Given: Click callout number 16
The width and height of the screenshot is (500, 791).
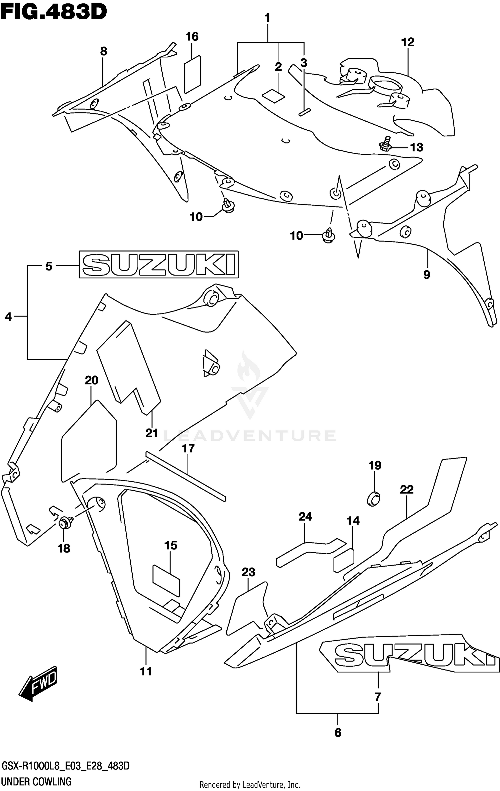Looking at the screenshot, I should coord(192,37).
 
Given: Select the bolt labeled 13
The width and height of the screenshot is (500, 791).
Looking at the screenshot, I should coord(386,144).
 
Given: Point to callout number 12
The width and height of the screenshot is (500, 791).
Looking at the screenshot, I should coord(408,42).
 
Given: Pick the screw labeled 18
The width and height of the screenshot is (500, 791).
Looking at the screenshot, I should coord(65,523).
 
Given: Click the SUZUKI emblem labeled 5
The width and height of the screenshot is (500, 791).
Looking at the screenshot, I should coord(159,264).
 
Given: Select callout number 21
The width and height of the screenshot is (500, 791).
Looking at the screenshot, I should coord(152,433).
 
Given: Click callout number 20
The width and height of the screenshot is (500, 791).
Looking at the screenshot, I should coord(92,380).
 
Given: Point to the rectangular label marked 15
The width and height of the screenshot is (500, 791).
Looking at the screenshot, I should coord(166,579).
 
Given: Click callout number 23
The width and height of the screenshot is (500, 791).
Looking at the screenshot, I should coord(248,572).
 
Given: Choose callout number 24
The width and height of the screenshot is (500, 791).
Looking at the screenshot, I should coord(305,517).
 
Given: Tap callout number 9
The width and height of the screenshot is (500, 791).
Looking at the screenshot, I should coord(427,275).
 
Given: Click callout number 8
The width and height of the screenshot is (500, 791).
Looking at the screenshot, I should coord(104,51).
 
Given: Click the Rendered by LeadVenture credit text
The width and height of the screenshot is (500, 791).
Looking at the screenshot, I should coord(250,785).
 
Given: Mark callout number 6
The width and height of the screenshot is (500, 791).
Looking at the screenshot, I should coord(338,732).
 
